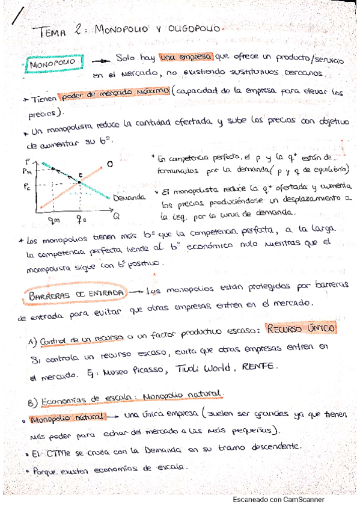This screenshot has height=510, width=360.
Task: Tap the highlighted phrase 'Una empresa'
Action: click(186, 57)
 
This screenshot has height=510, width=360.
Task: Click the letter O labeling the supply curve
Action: click(110, 163)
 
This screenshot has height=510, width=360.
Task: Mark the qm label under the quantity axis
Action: click(53, 220)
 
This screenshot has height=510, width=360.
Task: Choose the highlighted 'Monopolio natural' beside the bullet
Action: click(68, 417)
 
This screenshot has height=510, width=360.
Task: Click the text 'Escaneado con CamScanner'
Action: click(278, 500)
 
